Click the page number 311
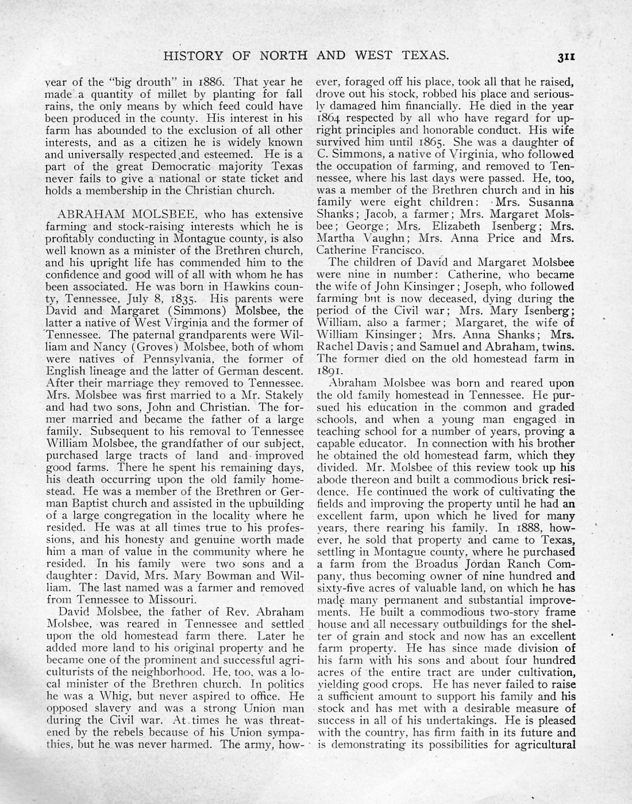coord(565,56)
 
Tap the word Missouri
coord(171,599)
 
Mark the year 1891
coord(329,371)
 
